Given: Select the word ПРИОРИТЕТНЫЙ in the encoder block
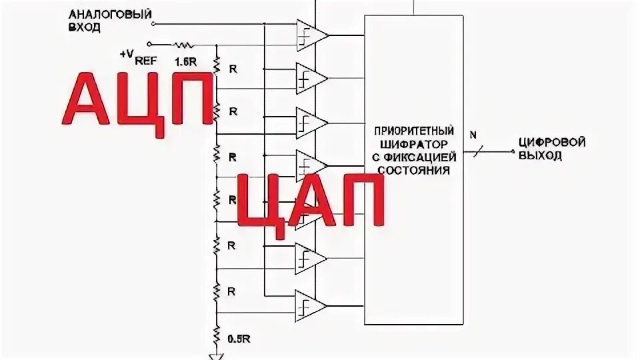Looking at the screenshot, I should tap(413, 131).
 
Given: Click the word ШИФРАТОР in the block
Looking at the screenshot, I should tap(413, 144).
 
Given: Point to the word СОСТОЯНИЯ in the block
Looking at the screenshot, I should tap(413, 170).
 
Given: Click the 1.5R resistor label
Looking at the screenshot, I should tap(185, 61).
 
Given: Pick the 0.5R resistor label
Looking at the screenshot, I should tap(235, 339).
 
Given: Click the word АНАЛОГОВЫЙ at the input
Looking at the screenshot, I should tap(110, 13).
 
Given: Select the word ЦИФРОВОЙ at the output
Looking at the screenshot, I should tap(552, 142).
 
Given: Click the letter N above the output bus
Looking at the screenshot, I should tap(473, 135).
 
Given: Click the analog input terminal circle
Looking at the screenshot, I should tap(154, 23).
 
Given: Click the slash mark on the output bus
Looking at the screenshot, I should tap(477, 151).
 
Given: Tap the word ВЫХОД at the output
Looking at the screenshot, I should tap(541, 156).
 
